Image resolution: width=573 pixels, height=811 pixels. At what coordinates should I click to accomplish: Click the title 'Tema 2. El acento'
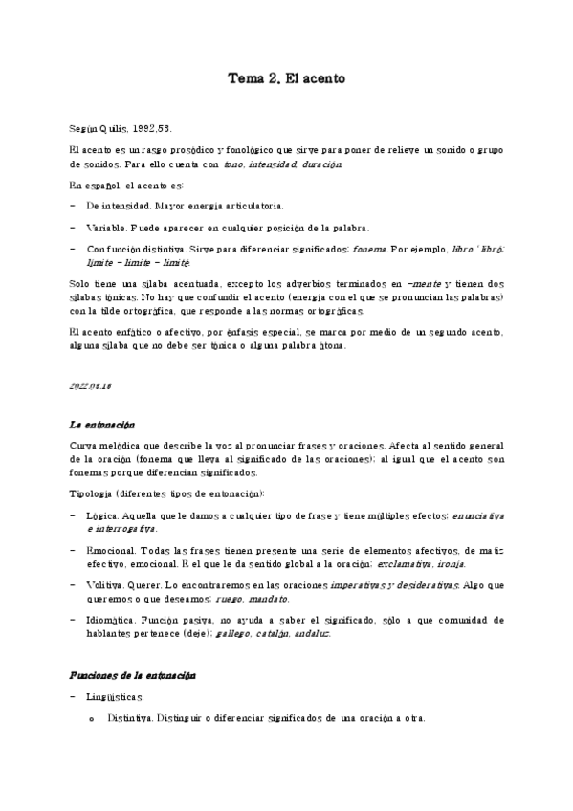(285, 78)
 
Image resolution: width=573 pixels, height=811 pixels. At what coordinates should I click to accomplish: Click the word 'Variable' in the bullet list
(105, 227)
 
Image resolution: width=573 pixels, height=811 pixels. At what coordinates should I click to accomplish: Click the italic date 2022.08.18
(91, 384)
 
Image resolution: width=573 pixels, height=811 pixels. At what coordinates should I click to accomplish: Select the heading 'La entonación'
(102, 423)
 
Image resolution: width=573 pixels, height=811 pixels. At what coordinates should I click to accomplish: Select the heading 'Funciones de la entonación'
(133, 675)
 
